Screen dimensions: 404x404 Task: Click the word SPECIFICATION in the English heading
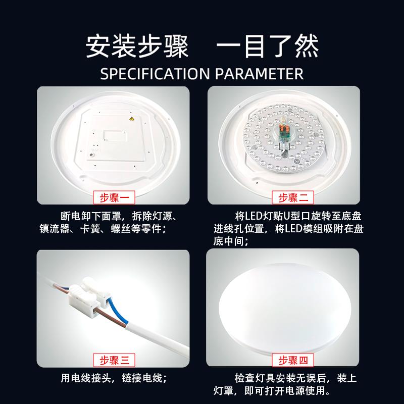(x=155, y=74)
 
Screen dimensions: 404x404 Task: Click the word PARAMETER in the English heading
(x=259, y=74)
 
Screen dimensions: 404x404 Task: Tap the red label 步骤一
(x=114, y=198)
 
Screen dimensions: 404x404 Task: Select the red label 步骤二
(x=293, y=198)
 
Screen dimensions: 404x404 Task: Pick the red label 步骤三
(x=114, y=360)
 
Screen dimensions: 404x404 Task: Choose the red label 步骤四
(x=293, y=360)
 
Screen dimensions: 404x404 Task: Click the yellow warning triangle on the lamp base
(x=132, y=119)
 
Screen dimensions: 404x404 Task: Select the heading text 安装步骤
(x=137, y=46)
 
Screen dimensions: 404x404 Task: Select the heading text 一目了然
(x=268, y=46)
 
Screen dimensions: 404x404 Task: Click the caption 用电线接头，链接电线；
(x=114, y=378)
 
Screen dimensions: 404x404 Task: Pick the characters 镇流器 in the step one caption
(x=55, y=229)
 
